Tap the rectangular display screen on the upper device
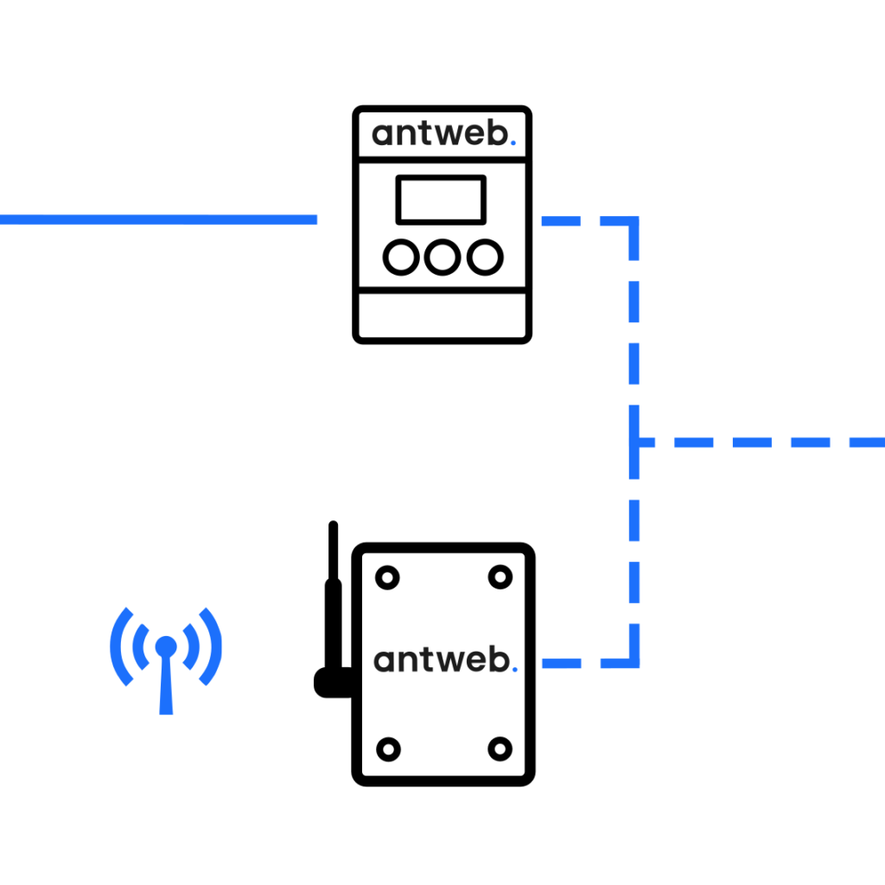click(441, 200)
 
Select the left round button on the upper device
click(400, 258)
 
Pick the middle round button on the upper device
click(442, 258)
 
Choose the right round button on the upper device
click(485, 258)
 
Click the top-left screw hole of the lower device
click(386, 576)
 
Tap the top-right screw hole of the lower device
click(500, 576)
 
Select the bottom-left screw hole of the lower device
click(388, 748)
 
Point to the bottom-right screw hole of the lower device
click(500, 748)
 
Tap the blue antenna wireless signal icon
click(166, 657)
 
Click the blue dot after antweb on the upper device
click(513, 144)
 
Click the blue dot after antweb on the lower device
click(514, 669)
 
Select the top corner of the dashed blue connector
click(634, 222)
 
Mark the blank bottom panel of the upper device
click(442, 315)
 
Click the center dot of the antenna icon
click(166, 646)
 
